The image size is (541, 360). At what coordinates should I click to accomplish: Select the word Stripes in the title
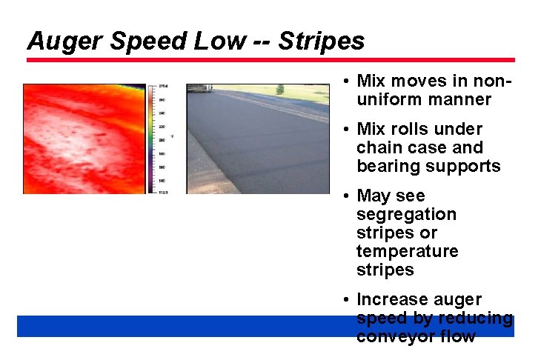(x=322, y=41)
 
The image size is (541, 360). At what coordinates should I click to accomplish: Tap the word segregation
(x=406, y=214)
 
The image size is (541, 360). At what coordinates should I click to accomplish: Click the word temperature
(x=407, y=251)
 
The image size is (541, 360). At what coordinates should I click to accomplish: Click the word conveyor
(x=391, y=336)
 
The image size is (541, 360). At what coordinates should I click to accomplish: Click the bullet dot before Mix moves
(x=346, y=81)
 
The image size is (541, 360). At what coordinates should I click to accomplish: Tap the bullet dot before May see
(x=346, y=196)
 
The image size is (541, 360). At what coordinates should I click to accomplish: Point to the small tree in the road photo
(x=279, y=89)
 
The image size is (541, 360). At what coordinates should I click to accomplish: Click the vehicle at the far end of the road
(x=198, y=87)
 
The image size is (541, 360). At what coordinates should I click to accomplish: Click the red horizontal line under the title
(x=270, y=60)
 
